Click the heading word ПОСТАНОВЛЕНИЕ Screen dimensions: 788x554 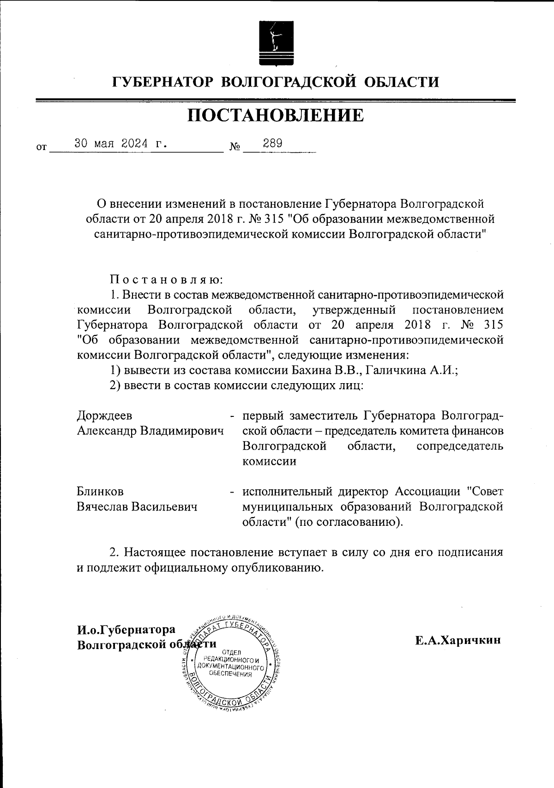276,115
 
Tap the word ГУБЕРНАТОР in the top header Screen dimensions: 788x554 163,82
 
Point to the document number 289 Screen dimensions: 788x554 272,143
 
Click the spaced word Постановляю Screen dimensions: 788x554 167,279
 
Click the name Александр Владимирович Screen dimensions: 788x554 150,431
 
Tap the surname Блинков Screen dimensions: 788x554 100,491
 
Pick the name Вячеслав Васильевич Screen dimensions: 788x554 137,506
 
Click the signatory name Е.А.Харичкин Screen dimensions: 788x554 458,640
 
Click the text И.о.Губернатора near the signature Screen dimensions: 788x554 126,630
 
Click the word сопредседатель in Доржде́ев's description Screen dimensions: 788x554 459,446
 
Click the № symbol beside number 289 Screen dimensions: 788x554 235,147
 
